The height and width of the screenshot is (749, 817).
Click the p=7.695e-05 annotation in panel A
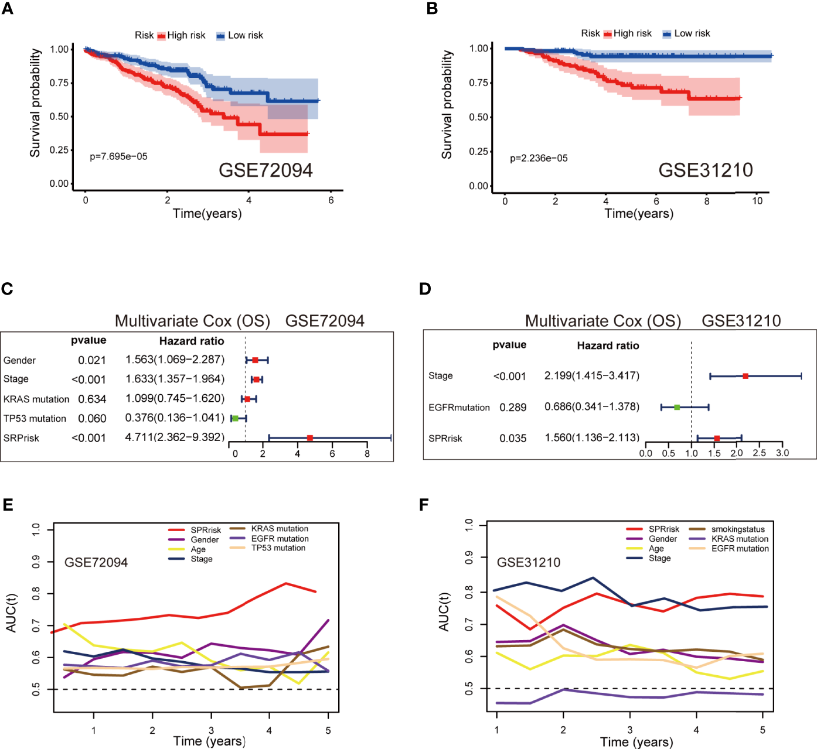click(x=118, y=157)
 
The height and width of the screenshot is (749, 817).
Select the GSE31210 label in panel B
click(x=705, y=170)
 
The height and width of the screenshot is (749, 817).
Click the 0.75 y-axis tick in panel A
click(x=59, y=83)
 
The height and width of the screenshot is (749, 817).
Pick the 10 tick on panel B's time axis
click(x=757, y=201)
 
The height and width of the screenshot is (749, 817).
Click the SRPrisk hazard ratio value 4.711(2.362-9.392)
click(x=175, y=437)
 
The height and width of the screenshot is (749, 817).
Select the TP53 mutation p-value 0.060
click(x=92, y=419)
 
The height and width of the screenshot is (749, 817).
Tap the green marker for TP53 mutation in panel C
click(x=235, y=418)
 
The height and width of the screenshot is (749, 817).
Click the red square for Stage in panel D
click(x=745, y=376)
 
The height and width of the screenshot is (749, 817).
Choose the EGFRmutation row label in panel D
click(x=459, y=408)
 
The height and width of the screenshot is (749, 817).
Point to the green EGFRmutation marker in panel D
click(x=677, y=407)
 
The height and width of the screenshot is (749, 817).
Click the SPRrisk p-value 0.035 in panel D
click(x=513, y=439)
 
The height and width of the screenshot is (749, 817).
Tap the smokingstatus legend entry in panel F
click(x=738, y=529)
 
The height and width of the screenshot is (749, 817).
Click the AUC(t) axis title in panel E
click(x=12, y=613)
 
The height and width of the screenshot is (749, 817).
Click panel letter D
click(x=425, y=289)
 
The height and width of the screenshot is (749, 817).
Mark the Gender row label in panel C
click(x=19, y=361)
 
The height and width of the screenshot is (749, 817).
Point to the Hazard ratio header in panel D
click(x=608, y=346)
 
